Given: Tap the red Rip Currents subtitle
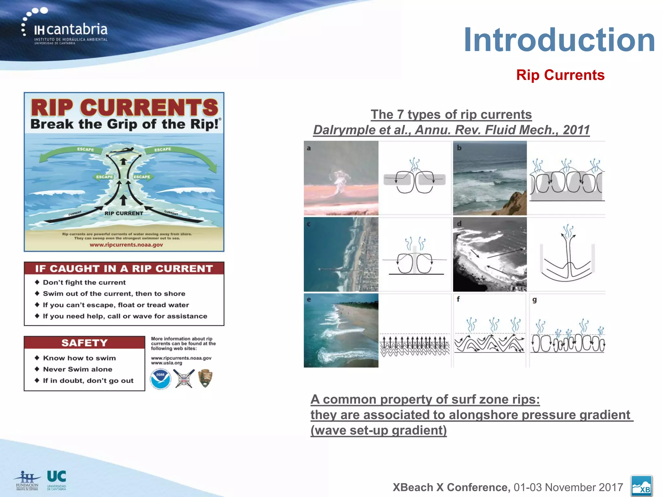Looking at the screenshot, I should pos(560,75).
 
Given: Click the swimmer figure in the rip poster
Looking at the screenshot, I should pos(122,150).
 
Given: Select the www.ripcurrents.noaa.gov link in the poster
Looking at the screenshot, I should pos(126,245).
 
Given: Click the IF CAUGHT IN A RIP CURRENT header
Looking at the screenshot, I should pos(124,269).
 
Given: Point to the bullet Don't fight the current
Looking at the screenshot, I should pos(84,282).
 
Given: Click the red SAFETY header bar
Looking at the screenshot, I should pos(84,343).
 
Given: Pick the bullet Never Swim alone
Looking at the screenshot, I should pos(78,369).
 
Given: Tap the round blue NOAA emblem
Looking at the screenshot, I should pos(160,379).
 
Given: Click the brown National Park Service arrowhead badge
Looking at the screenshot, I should pos(205,378).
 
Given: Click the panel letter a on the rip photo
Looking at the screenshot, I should pos(309,148).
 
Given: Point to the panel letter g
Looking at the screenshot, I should pos(534,300).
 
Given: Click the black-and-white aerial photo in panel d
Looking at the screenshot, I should pos(489,254).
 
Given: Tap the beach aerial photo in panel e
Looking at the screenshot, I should pos(341,330).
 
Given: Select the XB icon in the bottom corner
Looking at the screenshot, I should pos(641,486).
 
